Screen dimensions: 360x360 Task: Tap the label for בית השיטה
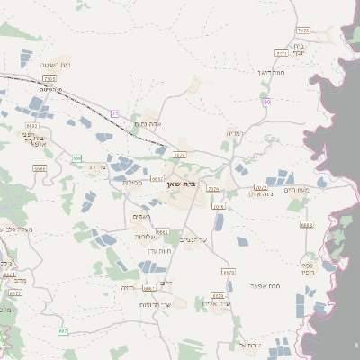point(56,64)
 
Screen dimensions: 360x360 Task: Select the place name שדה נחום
point(147,124)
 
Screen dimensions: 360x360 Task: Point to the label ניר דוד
point(95,166)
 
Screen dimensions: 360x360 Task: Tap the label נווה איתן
point(257,193)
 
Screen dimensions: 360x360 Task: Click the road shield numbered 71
point(116,112)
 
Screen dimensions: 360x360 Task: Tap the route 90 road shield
point(267,103)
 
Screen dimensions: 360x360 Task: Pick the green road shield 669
point(77,158)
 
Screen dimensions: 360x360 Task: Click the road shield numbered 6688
point(307,226)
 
